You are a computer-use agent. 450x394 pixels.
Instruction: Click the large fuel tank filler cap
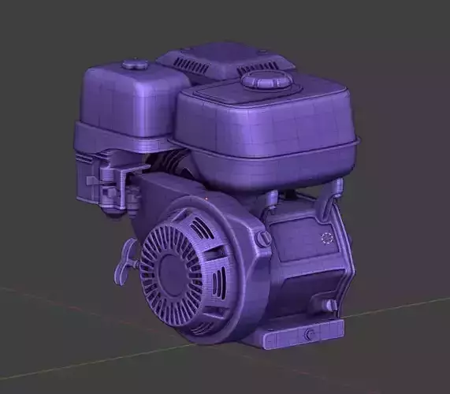266,80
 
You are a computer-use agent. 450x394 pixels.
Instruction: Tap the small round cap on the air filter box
135,65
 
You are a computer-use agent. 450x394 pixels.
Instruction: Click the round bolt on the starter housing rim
264,238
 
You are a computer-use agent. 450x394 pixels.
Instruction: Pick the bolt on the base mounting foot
308,335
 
